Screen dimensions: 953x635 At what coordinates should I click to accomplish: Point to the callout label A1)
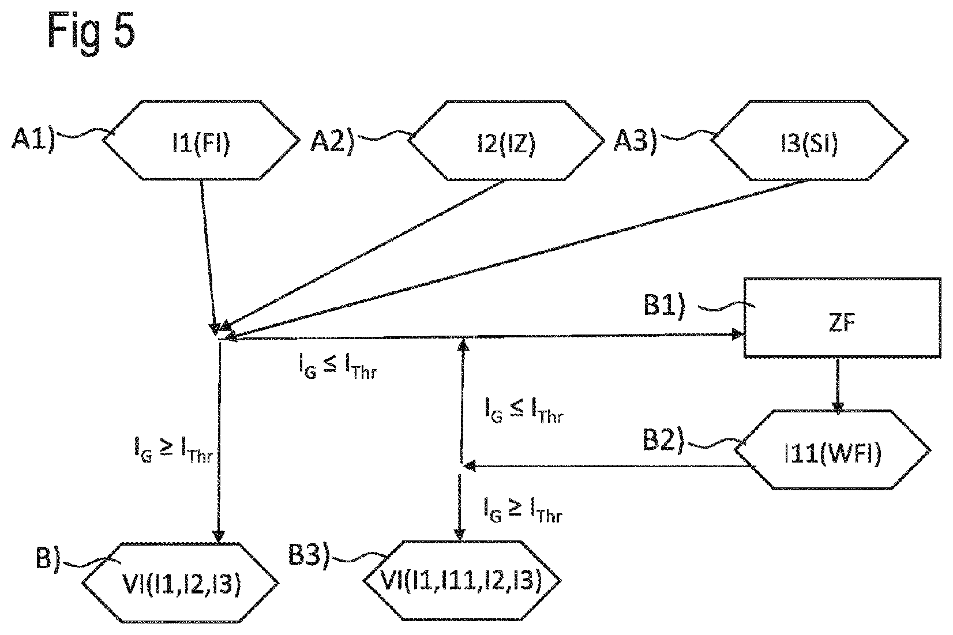(x=33, y=139)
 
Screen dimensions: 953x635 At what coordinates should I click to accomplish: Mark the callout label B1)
(x=665, y=305)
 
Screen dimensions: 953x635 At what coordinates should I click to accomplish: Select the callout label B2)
(x=663, y=439)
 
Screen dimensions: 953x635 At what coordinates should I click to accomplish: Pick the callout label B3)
(x=309, y=555)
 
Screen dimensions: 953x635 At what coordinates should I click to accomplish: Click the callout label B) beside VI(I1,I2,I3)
(x=48, y=558)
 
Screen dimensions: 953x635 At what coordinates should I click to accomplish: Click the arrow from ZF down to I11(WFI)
(x=838, y=385)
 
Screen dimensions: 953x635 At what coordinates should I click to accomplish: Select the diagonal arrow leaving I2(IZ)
(x=362, y=255)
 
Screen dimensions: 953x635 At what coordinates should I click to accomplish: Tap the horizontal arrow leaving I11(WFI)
(x=607, y=466)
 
